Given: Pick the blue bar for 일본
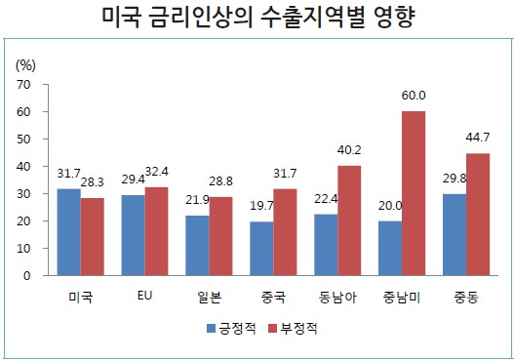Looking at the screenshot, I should [198, 245].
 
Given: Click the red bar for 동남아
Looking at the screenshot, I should [348, 220].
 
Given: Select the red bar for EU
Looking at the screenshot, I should [156, 231].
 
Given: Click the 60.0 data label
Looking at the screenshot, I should [415, 98].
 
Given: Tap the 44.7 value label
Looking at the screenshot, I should [479, 140].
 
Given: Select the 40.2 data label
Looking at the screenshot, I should [350, 152].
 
